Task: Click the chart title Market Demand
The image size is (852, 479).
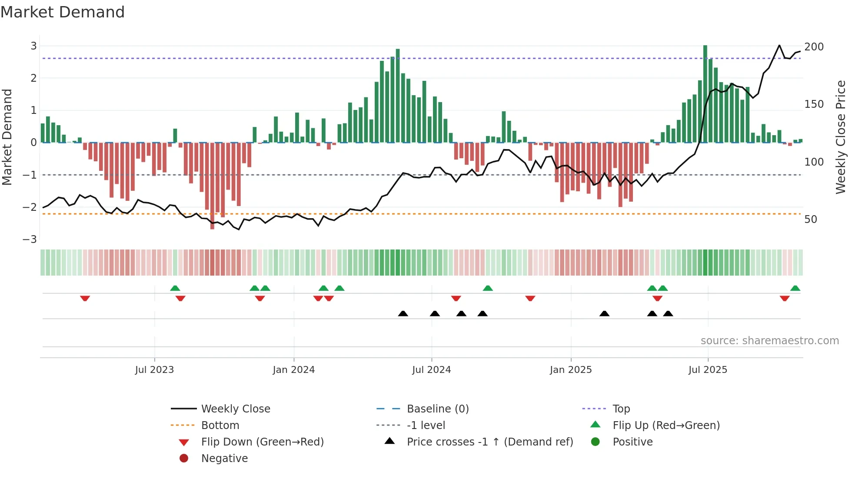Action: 63,12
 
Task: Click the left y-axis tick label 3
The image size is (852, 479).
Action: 33,46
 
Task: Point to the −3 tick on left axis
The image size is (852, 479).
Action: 30,239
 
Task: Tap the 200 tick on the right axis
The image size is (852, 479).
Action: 814,47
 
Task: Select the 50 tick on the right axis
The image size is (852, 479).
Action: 811,220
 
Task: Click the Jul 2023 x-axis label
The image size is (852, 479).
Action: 154,370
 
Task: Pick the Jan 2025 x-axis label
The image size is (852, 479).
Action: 570,370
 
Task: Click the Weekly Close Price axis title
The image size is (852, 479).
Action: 841,137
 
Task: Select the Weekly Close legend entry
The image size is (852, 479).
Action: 236,409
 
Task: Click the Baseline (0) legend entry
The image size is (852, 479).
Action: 437,409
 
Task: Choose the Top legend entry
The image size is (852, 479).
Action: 621,409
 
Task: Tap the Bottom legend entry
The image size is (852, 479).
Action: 220,426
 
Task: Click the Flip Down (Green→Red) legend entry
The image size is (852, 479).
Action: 262,442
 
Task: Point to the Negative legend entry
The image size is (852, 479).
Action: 224,459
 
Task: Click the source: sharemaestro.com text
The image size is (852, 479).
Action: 769,341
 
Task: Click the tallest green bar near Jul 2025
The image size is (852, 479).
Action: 705,93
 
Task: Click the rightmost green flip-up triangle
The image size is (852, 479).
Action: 795,288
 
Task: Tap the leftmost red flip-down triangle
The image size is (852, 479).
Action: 85,298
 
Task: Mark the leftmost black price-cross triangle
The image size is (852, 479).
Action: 403,313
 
